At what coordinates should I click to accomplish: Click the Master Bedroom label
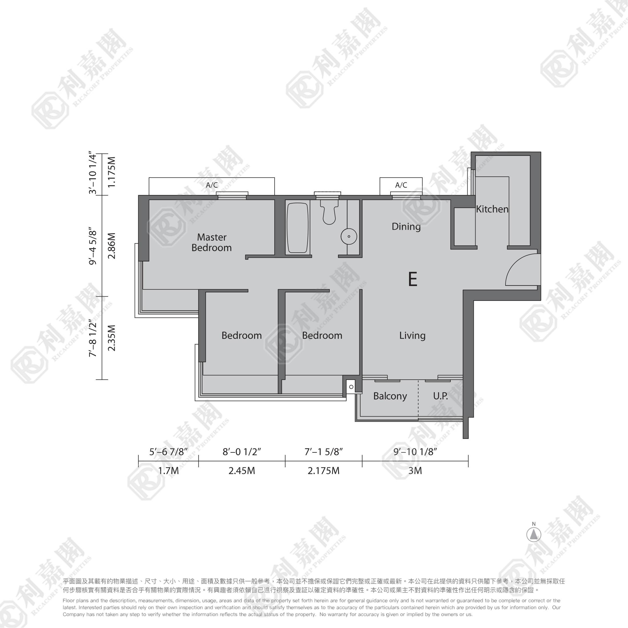pyautogui.click(x=212, y=242)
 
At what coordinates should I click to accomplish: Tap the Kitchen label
pyautogui.click(x=492, y=209)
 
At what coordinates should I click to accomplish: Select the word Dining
pyautogui.click(x=406, y=227)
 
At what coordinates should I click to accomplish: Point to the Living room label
pyautogui.click(x=412, y=335)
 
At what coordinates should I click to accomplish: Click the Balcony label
pyautogui.click(x=390, y=396)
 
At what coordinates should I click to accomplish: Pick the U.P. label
pyautogui.click(x=440, y=396)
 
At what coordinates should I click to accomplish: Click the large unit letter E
pyautogui.click(x=412, y=279)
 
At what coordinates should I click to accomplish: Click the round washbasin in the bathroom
pyautogui.click(x=349, y=236)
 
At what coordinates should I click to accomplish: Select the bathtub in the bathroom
pyautogui.click(x=297, y=228)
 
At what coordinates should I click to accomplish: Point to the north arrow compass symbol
pyautogui.click(x=534, y=534)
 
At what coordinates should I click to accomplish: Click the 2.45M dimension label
pyautogui.click(x=241, y=471)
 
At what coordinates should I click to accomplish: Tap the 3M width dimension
pyautogui.click(x=415, y=471)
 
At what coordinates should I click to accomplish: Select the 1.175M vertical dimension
pyautogui.click(x=112, y=172)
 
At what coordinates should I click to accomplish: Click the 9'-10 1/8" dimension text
pyautogui.click(x=415, y=452)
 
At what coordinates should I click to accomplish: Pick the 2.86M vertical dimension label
pyautogui.click(x=112, y=246)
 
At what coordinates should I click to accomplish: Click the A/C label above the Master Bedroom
pyautogui.click(x=212, y=185)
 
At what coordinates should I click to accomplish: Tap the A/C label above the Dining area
pyautogui.click(x=401, y=185)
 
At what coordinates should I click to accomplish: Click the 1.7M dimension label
pyautogui.click(x=168, y=471)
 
